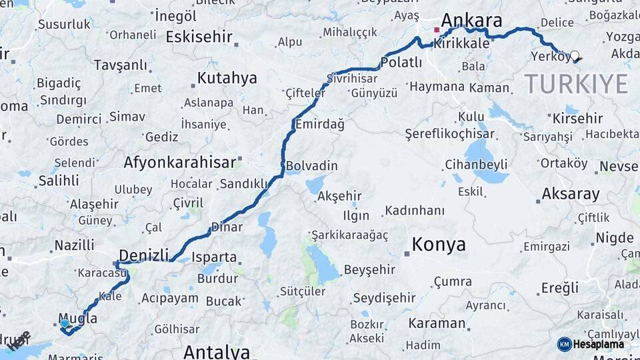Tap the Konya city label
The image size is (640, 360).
click(439, 245)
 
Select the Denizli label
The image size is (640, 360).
click(143, 254)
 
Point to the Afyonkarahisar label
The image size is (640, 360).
click(179, 162)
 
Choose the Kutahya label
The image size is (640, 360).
click(227, 79)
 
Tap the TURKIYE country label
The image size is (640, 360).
click(575, 84)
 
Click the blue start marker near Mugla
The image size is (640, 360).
click(64, 323)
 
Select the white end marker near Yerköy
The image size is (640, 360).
click(574, 57)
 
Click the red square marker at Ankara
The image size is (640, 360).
click(437, 30)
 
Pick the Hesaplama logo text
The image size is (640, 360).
click(599, 344)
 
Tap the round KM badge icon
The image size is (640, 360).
click(564, 344)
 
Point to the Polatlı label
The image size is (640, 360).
click(401, 63)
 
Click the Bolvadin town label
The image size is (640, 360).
click(312, 166)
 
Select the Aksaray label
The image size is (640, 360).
click(571, 195)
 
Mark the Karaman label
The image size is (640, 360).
click(437, 324)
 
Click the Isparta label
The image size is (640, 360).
click(214, 257)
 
